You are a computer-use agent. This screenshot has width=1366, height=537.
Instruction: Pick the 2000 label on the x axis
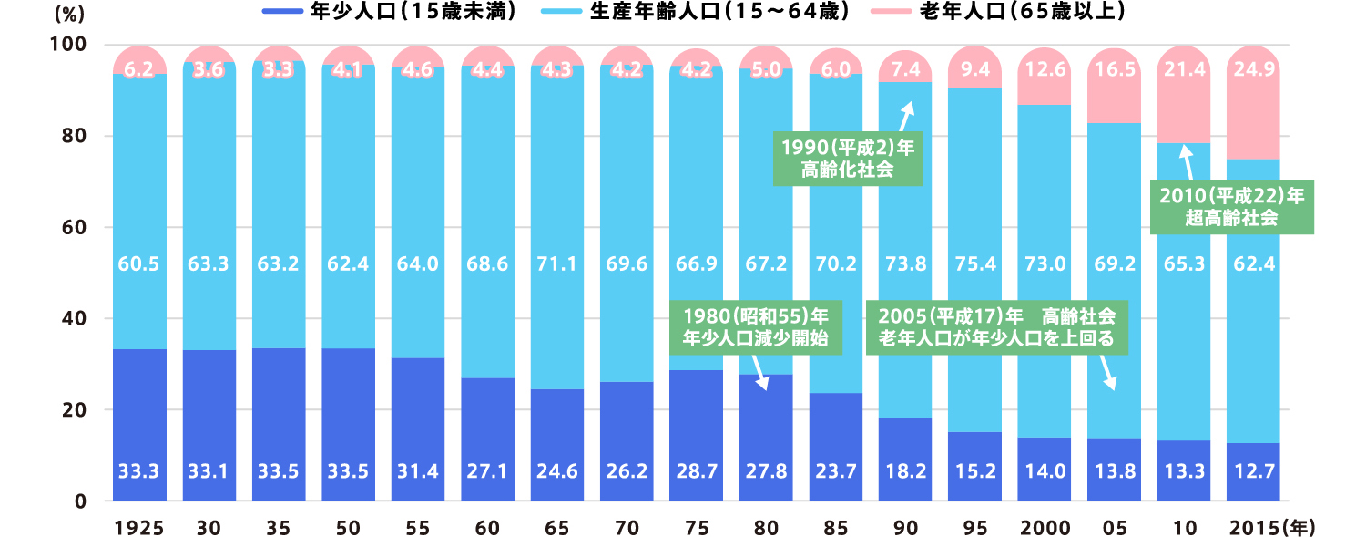pyautogui.click(x=1043, y=527)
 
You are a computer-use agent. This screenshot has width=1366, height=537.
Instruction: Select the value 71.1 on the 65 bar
pyautogui.click(x=556, y=264)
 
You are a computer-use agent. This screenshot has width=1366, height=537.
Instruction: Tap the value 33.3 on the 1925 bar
pyautogui.click(x=139, y=472)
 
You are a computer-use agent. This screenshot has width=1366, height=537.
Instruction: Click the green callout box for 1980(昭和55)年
pyautogui.click(x=755, y=329)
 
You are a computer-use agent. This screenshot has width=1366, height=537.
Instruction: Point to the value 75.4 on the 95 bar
pyautogui.click(x=974, y=264)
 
